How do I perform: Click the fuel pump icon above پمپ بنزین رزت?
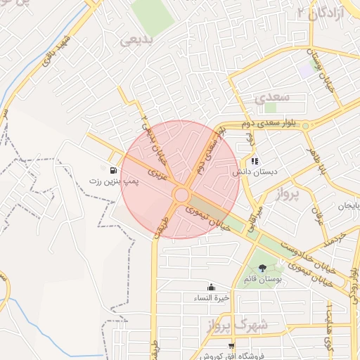(x=113, y=169)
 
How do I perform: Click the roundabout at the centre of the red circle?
(x=181, y=195)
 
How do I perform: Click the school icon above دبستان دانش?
(x=255, y=161)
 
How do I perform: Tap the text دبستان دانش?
(x=256, y=172)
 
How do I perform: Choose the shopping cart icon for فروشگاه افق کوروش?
(x=231, y=346)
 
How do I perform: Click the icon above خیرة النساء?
(x=212, y=287)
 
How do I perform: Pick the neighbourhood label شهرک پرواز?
(x=238, y=326)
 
